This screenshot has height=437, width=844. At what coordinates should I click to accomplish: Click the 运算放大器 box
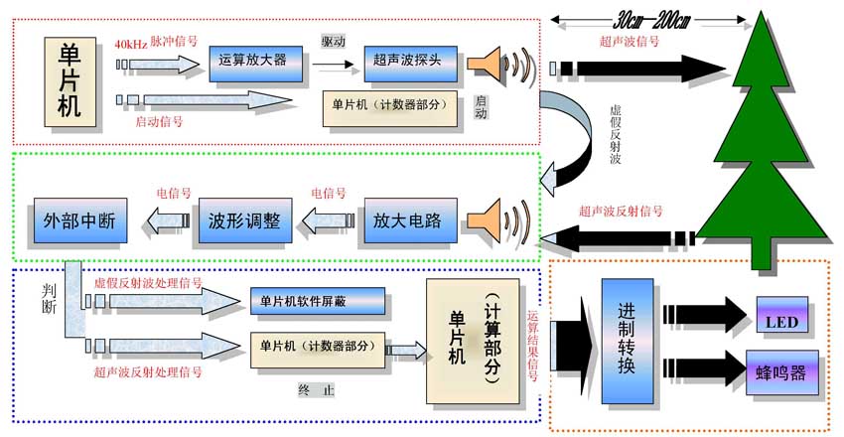click(253, 60)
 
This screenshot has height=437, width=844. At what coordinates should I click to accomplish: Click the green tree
click(761, 149)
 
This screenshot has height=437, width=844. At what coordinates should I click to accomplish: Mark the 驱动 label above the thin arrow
click(334, 42)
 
